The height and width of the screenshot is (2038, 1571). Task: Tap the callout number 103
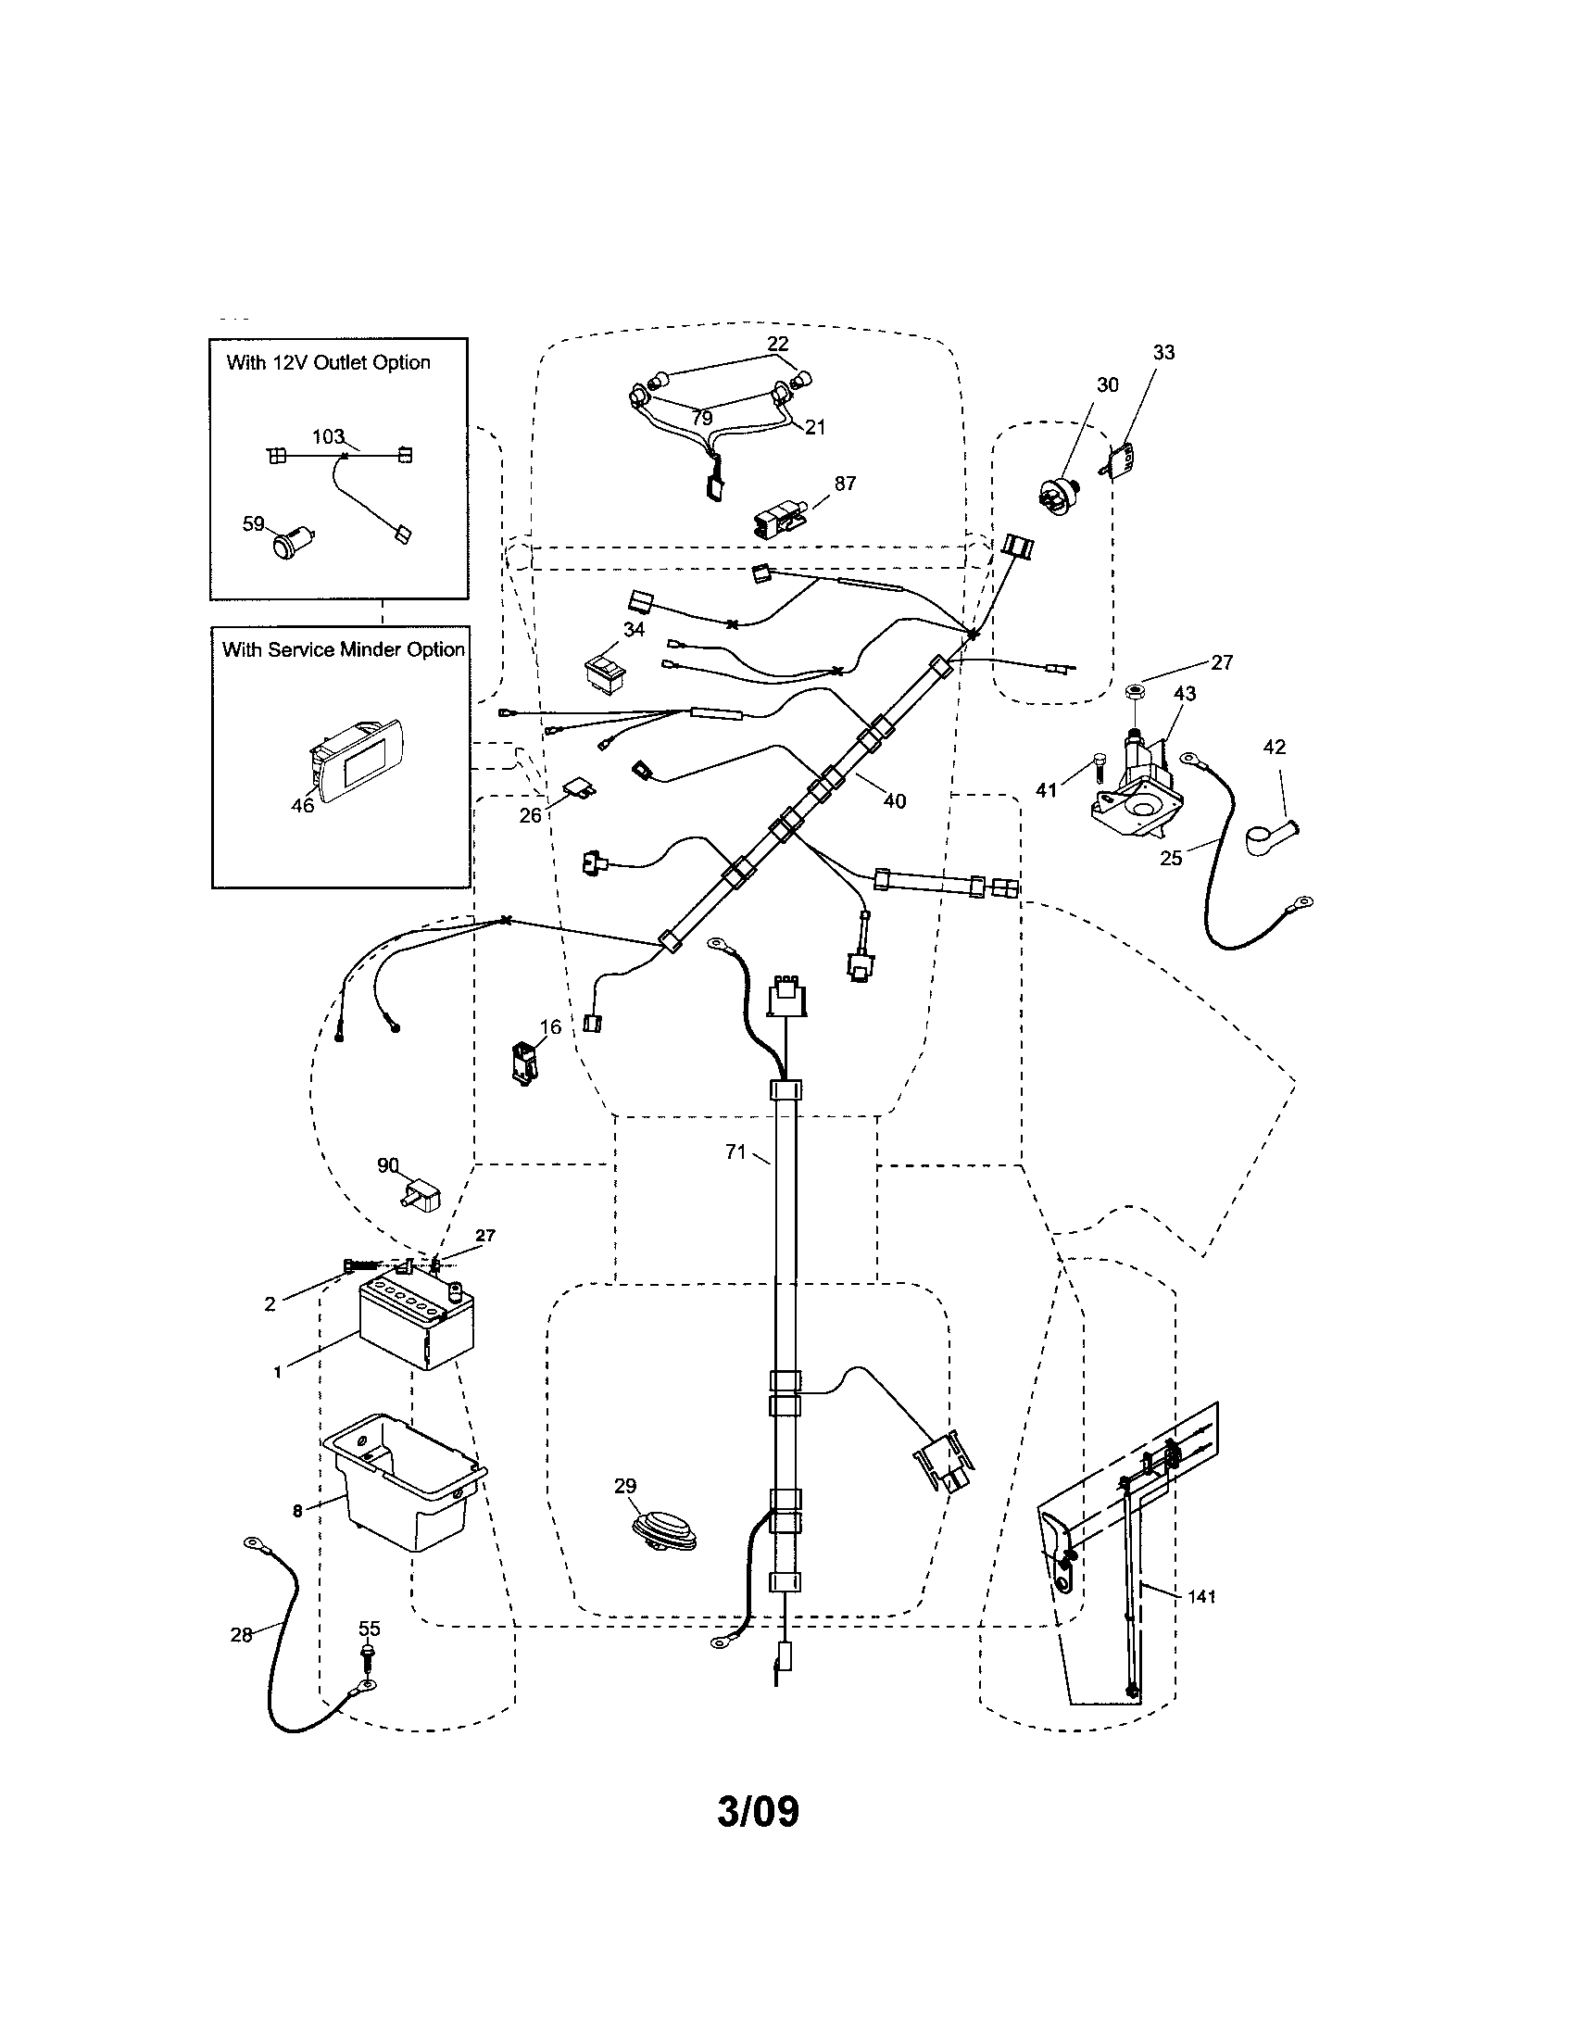click(328, 436)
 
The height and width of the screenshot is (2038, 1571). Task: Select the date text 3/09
click(758, 1811)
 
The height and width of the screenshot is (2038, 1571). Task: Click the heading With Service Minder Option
click(343, 649)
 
